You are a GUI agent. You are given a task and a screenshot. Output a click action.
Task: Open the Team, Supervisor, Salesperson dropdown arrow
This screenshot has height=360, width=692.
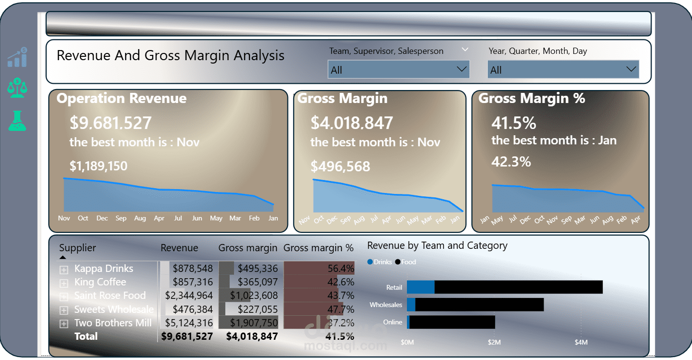point(461,69)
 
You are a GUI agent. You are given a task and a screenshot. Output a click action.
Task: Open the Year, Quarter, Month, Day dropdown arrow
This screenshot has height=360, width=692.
point(631,69)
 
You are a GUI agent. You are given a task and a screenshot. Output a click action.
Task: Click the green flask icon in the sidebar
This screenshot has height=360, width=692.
point(17,121)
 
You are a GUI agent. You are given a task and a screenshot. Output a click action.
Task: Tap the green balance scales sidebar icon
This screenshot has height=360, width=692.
point(17,88)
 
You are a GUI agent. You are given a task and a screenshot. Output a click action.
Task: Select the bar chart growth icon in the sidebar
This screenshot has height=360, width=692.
point(17,57)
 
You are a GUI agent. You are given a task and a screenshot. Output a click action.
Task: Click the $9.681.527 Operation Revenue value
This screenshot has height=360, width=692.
point(111,123)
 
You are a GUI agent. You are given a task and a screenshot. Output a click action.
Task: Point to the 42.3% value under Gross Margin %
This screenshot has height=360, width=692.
point(511,162)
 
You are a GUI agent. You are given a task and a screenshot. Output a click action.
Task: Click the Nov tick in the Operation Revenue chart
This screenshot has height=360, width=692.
point(64,218)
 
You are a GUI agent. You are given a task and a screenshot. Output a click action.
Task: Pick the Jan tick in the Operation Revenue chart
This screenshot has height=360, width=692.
point(273,218)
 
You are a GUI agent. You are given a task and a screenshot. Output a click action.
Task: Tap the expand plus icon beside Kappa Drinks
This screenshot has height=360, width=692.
point(63,270)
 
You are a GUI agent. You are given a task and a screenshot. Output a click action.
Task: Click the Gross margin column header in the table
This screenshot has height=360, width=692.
point(248,248)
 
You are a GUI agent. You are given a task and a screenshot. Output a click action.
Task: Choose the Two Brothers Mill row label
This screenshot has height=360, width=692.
point(113,323)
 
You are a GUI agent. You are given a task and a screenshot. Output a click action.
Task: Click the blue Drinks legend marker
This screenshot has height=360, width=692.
point(370,262)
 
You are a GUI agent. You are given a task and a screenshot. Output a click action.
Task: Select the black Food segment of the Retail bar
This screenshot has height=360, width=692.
point(518,287)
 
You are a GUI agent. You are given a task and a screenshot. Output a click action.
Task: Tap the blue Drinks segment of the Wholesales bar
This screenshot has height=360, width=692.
point(411,305)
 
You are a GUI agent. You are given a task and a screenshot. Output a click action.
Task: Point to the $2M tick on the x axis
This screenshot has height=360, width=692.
point(494,343)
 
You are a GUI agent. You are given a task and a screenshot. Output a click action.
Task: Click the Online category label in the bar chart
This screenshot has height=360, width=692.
point(392,322)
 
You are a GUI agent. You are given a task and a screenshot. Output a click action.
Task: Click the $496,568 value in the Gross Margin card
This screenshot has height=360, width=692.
point(340,167)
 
